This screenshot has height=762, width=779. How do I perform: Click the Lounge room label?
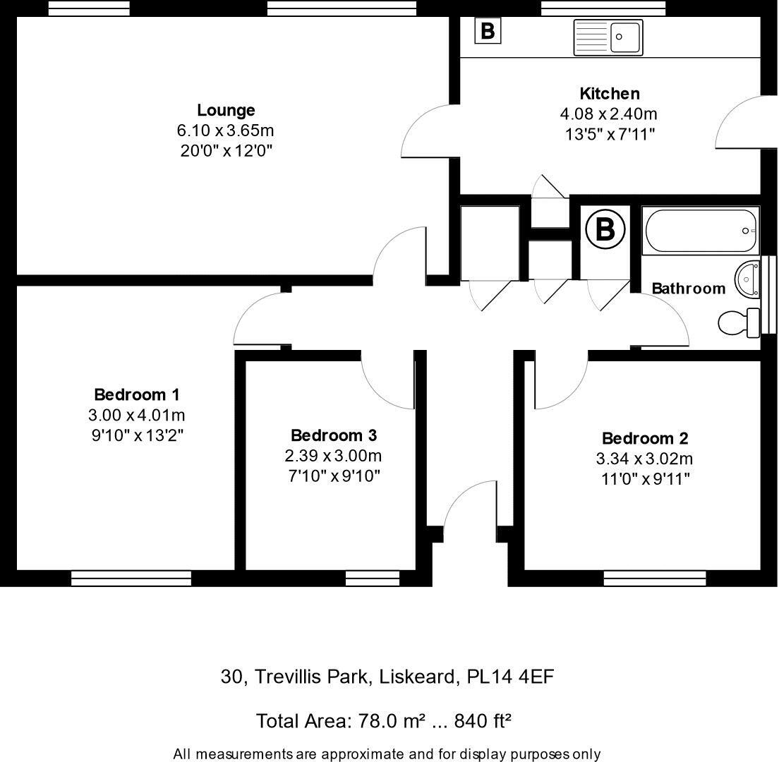point(225,110)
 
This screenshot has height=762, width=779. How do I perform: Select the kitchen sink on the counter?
point(608,36)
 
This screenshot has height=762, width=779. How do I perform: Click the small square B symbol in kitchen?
point(488,31)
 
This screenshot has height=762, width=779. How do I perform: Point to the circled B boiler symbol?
point(605,229)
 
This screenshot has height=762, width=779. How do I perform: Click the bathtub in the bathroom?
point(701,231)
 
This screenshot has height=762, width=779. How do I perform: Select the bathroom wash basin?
point(747,279)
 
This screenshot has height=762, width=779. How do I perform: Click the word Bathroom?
point(688,289)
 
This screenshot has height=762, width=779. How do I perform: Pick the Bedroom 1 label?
point(137,394)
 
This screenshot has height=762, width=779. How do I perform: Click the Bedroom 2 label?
point(644,438)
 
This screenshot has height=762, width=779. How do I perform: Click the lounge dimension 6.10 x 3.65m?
point(225,131)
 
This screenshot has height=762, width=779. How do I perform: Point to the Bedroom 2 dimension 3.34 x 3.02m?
point(644,459)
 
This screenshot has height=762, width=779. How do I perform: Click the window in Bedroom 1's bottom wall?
point(131,579)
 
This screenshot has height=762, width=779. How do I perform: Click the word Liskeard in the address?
point(416,677)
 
